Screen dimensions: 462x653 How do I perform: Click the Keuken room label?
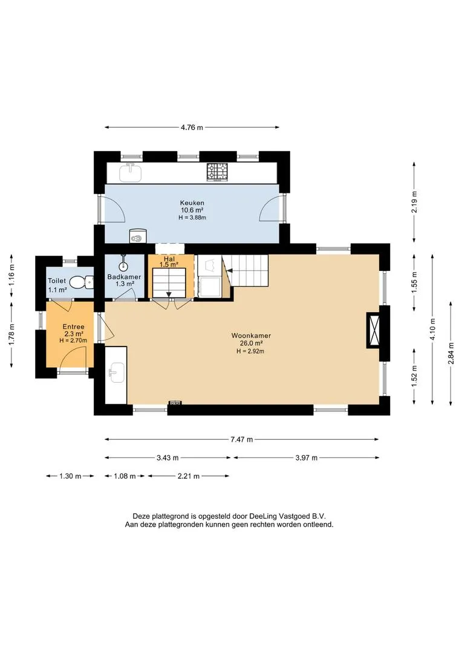pyautogui.click(x=192, y=203)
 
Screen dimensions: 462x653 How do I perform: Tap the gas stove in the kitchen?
pyautogui.click(x=218, y=172)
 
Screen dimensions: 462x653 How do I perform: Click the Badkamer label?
pyautogui.click(x=124, y=276)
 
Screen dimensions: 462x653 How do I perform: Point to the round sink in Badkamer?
pyautogui.click(x=124, y=265)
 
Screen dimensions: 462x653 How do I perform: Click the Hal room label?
pyautogui.click(x=169, y=259)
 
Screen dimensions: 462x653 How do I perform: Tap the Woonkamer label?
pyautogui.click(x=251, y=335)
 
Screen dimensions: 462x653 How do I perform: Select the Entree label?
pyautogui.click(x=73, y=327)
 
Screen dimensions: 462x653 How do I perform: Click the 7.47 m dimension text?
pyautogui.click(x=242, y=440)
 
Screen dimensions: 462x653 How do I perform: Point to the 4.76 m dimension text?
pyautogui.click(x=192, y=128)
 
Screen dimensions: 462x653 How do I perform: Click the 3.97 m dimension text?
pyautogui.click(x=307, y=458)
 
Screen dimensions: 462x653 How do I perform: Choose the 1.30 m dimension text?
pyautogui.click(x=70, y=476)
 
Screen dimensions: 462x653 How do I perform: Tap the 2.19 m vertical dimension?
pyautogui.click(x=414, y=202)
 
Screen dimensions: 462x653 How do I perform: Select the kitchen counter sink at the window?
pyautogui.click(x=131, y=172)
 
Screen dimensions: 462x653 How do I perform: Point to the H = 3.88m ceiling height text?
pyautogui.click(x=192, y=218)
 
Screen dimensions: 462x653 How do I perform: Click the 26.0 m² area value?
pyautogui.click(x=251, y=343)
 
